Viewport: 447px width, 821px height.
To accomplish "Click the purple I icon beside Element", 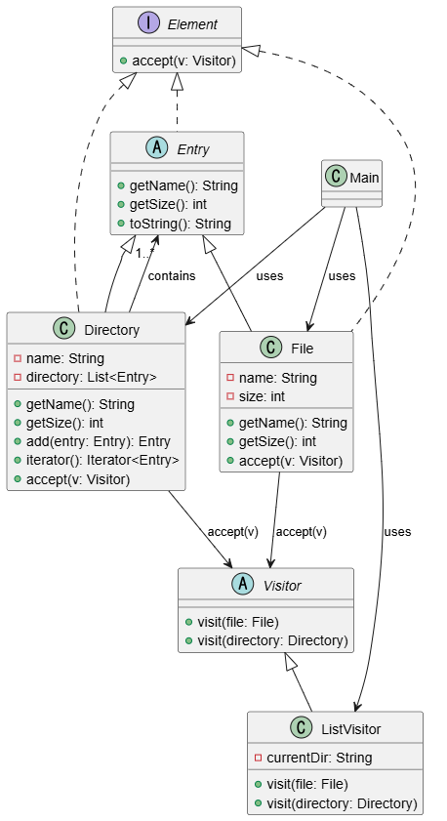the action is click(x=148, y=23).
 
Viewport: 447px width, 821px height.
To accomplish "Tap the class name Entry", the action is click(x=193, y=149).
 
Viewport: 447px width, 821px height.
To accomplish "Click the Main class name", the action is click(x=364, y=178).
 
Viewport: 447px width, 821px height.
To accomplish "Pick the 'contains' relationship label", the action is click(x=172, y=276).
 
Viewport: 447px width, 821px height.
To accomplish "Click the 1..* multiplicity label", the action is click(x=145, y=255).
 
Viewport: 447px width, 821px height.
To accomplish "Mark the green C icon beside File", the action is click(x=270, y=348).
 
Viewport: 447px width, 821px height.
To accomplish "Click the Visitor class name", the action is click(x=282, y=586).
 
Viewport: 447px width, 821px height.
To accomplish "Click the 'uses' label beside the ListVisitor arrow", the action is click(x=397, y=532).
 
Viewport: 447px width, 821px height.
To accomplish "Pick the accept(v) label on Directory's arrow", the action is click(x=233, y=532).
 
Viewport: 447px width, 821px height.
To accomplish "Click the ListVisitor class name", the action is click(x=351, y=729).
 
